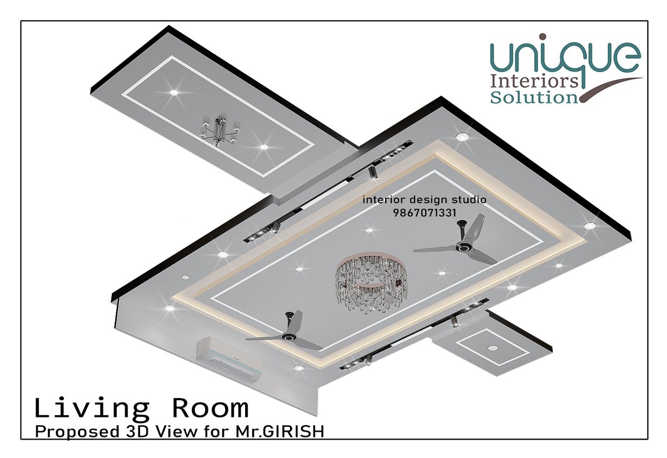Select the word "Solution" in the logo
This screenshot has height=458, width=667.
point(534,98)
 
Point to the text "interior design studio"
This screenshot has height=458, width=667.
point(424,200)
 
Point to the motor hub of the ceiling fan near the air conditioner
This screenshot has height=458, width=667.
point(287,336)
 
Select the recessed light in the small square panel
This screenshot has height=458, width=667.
point(492,348)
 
